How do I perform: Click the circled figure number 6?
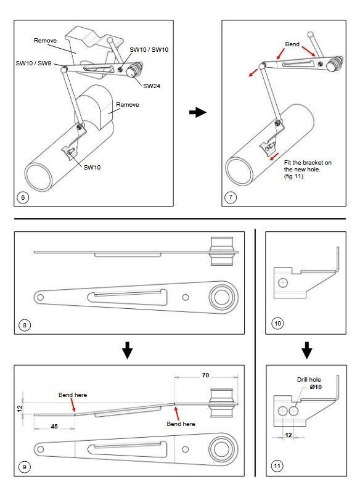pyautogui.click(x=23, y=197)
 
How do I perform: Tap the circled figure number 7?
pyautogui.click(x=231, y=197)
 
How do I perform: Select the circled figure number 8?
pyautogui.click(x=25, y=326)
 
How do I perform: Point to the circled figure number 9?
pyautogui.click(x=25, y=467)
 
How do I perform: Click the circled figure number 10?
pyautogui.click(x=278, y=323)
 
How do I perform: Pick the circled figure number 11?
pyautogui.click(x=277, y=466)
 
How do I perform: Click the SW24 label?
pyautogui.click(x=152, y=86)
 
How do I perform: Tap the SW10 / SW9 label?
pyautogui.click(x=33, y=63)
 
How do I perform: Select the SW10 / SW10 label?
pyautogui.click(x=149, y=49)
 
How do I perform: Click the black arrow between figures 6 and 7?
pyautogui.click(x=198, y=112)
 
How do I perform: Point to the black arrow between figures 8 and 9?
pyautogui.click(x=127, y=350)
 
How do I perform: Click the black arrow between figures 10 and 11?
pyautogui.click(x=307, y=350)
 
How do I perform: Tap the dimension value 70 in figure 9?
pyautogui.click(x=206, y=375)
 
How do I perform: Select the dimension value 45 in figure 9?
pyautogui.click(x=54, y=427)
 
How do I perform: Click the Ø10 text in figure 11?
pyautogui.click(x=316, y=387)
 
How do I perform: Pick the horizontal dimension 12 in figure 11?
pyautogui.click(x=288, y=435)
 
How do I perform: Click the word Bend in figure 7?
pyautogui.click(x=292, y=44)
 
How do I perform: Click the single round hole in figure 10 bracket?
pyautogui.click(x=283, y=282)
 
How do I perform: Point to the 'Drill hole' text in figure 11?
pyautogui.click(x=309, y=379)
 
